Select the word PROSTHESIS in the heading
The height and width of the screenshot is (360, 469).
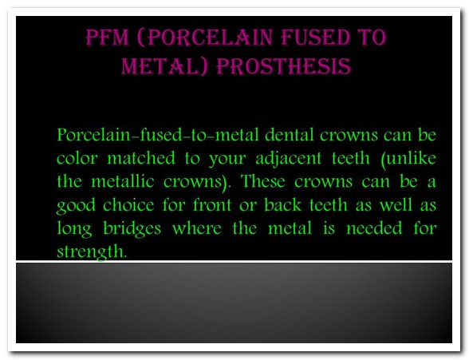click(x=284, y=66)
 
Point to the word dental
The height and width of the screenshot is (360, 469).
click(x=290, y=135)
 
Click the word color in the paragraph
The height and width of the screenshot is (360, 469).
click(x=77, y=158)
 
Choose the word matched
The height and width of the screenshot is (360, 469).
click(x=141, y=158)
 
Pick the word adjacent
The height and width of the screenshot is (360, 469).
click(x=289, y=159)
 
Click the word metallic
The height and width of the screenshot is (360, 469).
click(x=123, y=181)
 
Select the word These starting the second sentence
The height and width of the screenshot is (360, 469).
click(x=262, y=181)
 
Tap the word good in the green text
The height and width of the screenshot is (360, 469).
click(x=76, y=206)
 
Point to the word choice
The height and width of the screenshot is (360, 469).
click(x=128, y=204)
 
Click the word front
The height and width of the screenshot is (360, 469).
click(x=212, y=204)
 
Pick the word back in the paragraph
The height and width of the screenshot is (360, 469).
click(x=282, y=204)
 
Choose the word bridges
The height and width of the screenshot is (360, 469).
click(x=132, y=229)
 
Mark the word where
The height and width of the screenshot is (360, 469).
click(x=197, y=228)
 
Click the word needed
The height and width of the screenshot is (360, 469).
click(x=374, y=228)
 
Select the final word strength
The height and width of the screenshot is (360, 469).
click(x=92, y=252)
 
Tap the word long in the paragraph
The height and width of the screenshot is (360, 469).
click(x=74, y=229)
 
